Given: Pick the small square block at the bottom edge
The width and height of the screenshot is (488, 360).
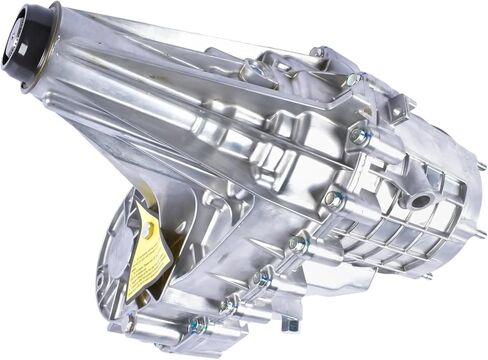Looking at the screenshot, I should tap(290, 322).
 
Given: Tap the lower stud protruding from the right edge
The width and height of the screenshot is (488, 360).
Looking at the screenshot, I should tap(480, 234).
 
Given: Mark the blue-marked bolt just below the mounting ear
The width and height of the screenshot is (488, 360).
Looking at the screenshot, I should tap(358, 135).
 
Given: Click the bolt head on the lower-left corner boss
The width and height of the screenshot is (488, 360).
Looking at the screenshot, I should tap(128, 322).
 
